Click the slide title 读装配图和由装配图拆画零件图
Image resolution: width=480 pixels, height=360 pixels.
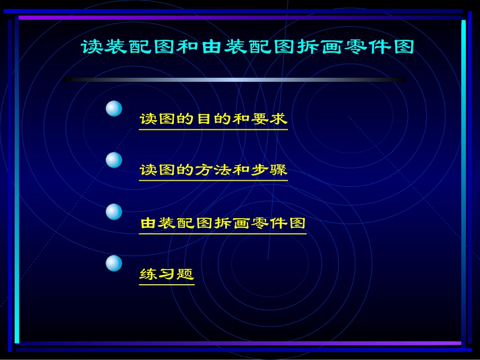[x=247, y=47]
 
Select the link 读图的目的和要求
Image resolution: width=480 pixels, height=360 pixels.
[x=213, y=119]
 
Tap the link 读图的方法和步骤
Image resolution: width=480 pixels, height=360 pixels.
[x=213, y=170]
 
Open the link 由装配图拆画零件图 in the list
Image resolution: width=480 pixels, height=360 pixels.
[x=223, y=223]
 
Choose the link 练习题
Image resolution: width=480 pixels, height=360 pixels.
[x=167, y=274]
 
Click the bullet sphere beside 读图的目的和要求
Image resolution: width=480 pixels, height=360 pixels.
[x=114, y=109]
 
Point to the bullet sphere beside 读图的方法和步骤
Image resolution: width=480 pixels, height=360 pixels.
[x=114, y=160]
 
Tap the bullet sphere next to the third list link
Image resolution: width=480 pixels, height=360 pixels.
[x=114, y=212]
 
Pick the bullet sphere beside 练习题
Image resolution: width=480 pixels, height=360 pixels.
[x=114, y=263]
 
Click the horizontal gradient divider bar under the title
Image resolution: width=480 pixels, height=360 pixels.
[x=234, y=80]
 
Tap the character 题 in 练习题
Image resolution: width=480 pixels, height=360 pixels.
[x=185, y=274]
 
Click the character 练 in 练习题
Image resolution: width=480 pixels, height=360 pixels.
[x=148, y=274]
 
